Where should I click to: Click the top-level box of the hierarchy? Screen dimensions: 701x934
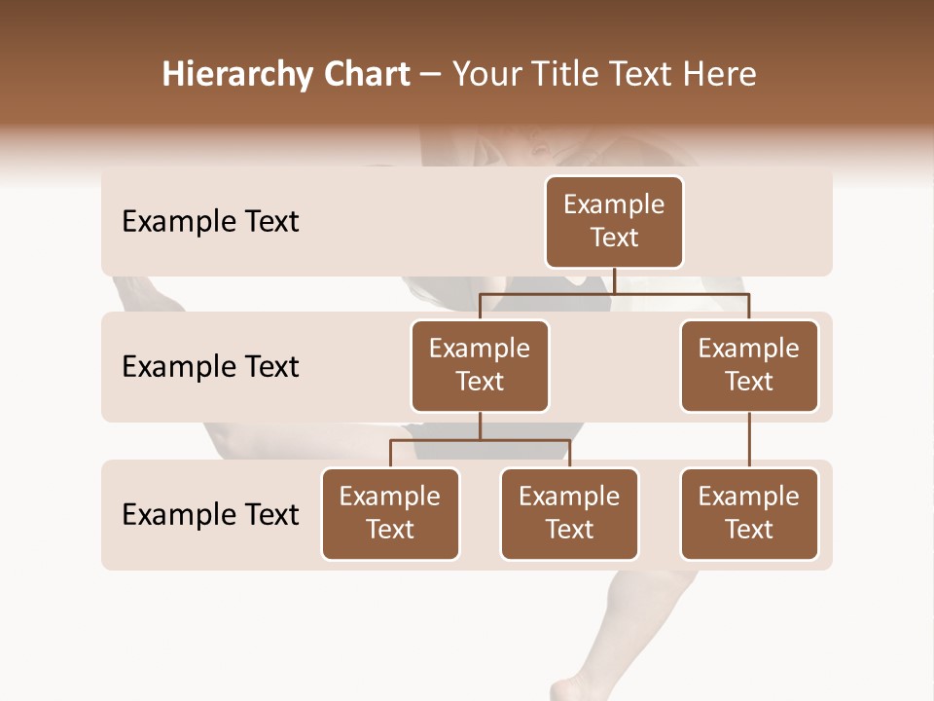614,222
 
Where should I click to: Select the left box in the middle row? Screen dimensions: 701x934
480,366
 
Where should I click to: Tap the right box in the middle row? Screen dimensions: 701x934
749,366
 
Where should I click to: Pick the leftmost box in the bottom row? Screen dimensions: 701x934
390,514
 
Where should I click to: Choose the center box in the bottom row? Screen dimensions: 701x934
569,514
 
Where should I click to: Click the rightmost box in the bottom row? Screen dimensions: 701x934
749,514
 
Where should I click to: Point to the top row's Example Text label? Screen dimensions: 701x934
210,222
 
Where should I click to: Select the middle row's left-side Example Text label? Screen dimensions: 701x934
210,367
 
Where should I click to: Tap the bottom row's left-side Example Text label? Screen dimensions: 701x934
210,515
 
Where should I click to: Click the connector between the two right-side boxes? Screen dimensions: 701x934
749,440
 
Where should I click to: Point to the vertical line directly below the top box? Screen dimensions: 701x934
614,280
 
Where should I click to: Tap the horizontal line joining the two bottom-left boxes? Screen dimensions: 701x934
480,440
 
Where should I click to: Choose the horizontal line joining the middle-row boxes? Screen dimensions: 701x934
614,293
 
